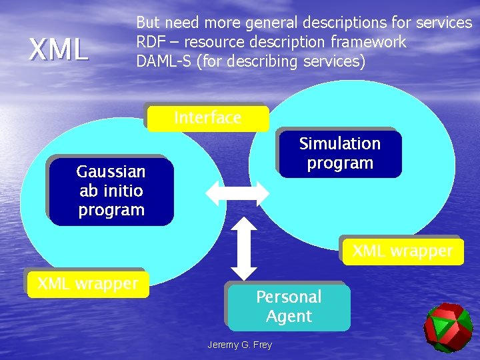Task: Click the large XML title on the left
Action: pyautogui.click(x=59, y=49)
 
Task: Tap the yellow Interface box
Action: pyautogui.click(x=208, y=118)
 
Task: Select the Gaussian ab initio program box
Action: pyautogui.click(x=111, y=191)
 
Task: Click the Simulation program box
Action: pyautogui.click(x=340, y=153)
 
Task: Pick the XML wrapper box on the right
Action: pyautogui.click(x=402, y=251)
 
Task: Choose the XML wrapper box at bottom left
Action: pyautogui.click(x=87, y=283)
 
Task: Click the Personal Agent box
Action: pyautogui.click(x=289, y=307)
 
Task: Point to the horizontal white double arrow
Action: pyautogui.click(x=237, y=193)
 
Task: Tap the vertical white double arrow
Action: pyautogui.click(x=245, y=247)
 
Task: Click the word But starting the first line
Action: pyautogui.click(x=148, y=23)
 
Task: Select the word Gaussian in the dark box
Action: pyautogui.click(x=111, y=171)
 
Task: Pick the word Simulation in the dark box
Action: pyautogui.click(x=340, y=144)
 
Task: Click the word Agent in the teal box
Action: pyautogui.click(x=289, y=317)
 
